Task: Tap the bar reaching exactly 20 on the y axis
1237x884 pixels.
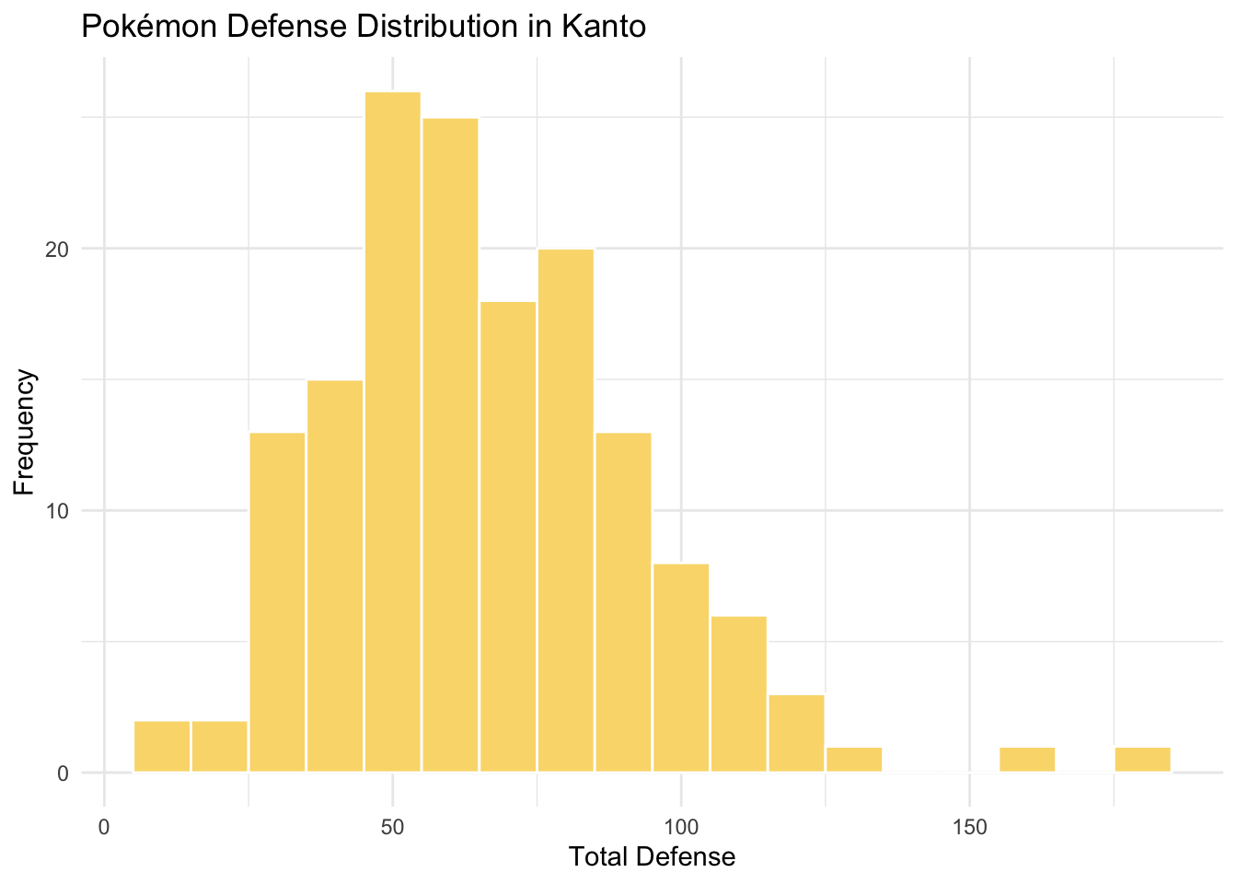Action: point(566,510)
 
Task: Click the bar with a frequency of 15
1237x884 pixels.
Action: point(335,576)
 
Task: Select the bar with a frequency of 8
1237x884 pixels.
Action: point(681,668)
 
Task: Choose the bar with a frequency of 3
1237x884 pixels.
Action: point(797,733)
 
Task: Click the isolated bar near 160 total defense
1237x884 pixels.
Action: point(1027,760)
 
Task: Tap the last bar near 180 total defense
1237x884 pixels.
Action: point(1142,760)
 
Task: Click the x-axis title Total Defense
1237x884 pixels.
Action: point(652,857)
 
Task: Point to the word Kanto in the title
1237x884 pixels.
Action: point(605,27)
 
